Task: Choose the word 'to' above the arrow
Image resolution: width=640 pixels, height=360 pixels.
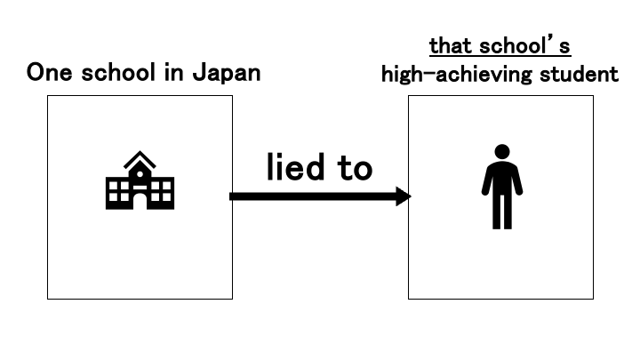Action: pos(353,167)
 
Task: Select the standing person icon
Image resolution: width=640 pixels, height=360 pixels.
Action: pos(502,187)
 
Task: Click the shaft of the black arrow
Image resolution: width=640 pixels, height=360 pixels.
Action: pos(311,196)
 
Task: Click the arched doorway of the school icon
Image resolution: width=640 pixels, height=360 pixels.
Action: pos(140,201)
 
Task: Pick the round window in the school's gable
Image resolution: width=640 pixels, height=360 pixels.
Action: pos(140,172)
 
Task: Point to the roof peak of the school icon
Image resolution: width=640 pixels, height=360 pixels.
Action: pos(140,154)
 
